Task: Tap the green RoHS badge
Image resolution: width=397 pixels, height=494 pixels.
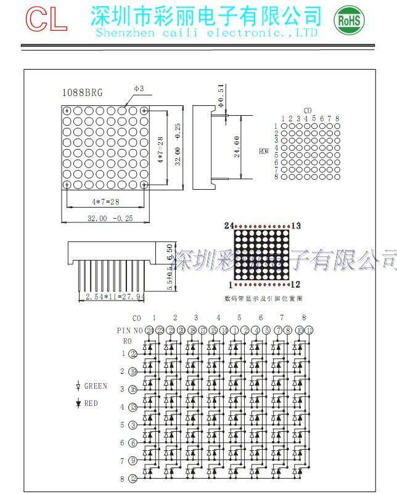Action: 349,20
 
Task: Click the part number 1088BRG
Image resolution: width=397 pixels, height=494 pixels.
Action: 82,93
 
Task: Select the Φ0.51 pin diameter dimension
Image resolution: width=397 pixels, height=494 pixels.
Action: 220,95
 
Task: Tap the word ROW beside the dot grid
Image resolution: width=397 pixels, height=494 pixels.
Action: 264,151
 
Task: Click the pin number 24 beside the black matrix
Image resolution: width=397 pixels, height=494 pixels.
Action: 229,226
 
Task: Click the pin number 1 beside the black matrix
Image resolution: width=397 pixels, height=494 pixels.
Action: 231,285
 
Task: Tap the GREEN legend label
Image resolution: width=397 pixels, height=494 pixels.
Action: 96,386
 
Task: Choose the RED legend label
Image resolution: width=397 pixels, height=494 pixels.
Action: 91,403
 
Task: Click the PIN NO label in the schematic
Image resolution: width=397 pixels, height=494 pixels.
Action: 129,330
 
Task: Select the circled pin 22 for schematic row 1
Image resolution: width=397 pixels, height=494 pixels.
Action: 133,354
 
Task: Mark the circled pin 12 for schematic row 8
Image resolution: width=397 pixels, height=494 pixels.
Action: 133,479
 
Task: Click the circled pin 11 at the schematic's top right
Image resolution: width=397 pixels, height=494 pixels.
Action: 309,330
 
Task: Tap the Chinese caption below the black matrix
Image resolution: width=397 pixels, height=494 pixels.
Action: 263,298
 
